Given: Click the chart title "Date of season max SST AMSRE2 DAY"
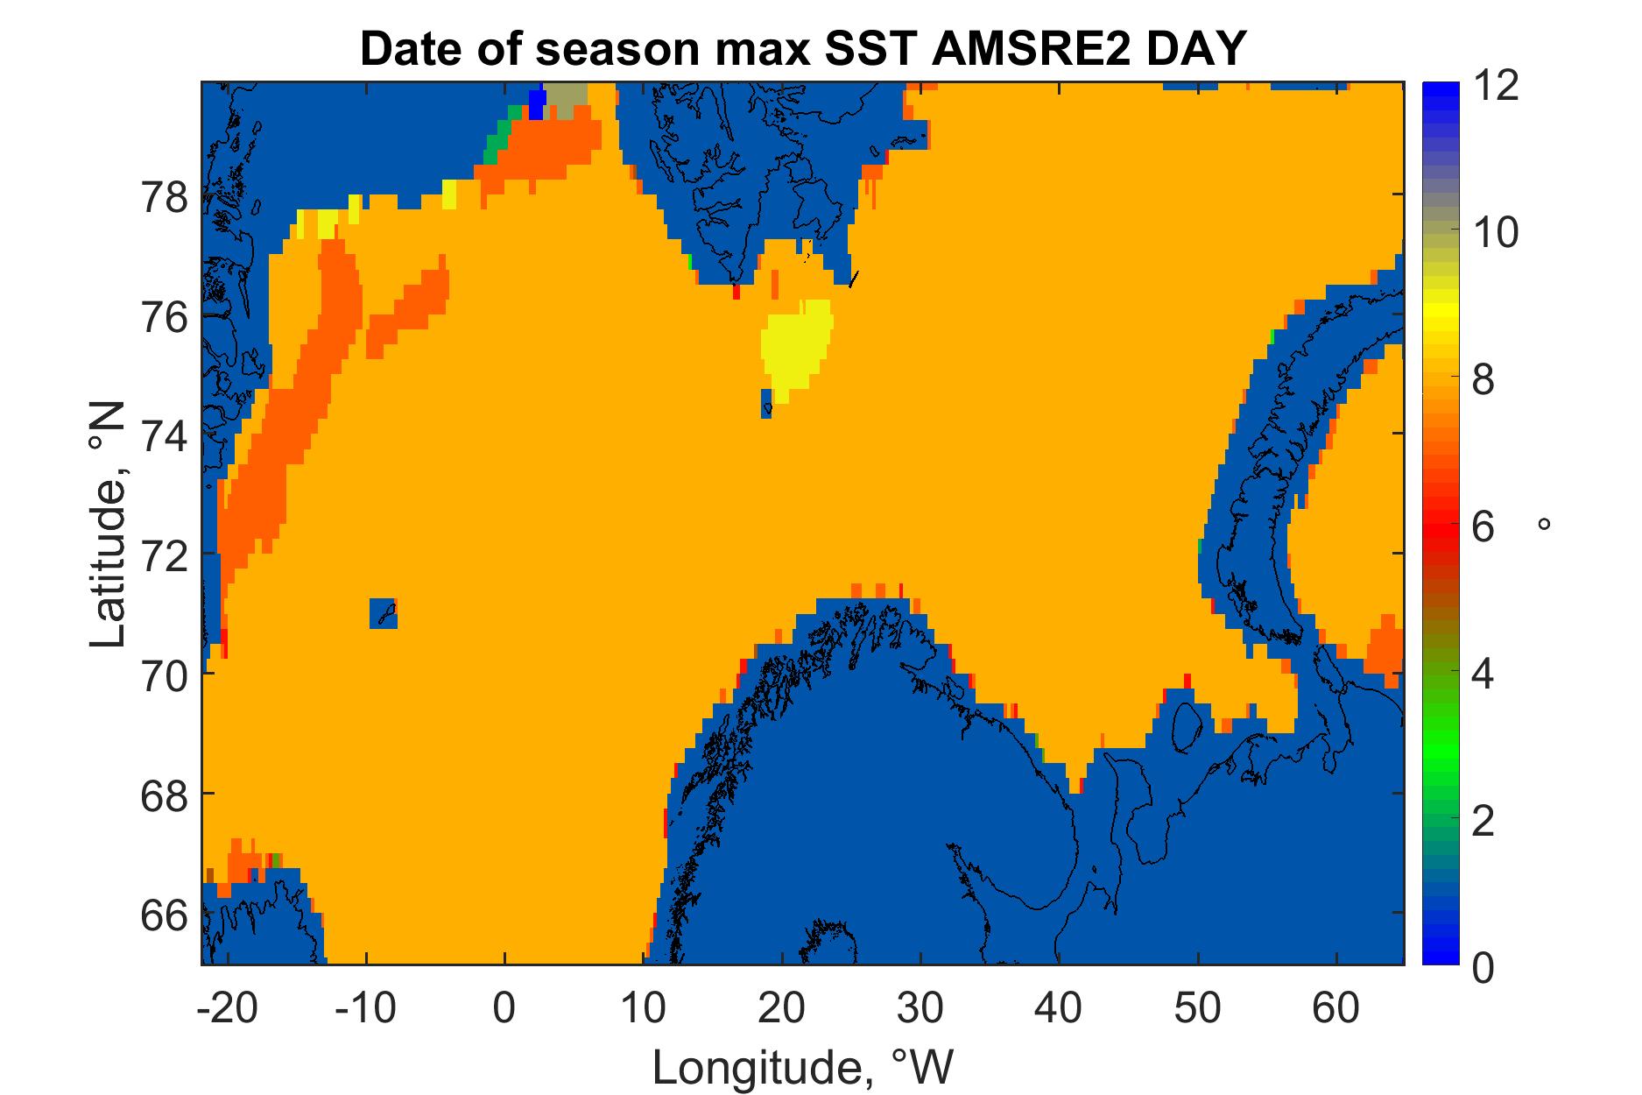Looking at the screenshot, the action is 801,49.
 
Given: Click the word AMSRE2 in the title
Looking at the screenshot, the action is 1009,49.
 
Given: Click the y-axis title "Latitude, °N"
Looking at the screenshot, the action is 109,526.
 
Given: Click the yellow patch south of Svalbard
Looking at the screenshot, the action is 795,350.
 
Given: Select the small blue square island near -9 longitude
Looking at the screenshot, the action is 383,613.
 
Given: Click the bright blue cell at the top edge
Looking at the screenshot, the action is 537,103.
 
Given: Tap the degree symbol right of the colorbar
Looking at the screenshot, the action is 1544,524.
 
